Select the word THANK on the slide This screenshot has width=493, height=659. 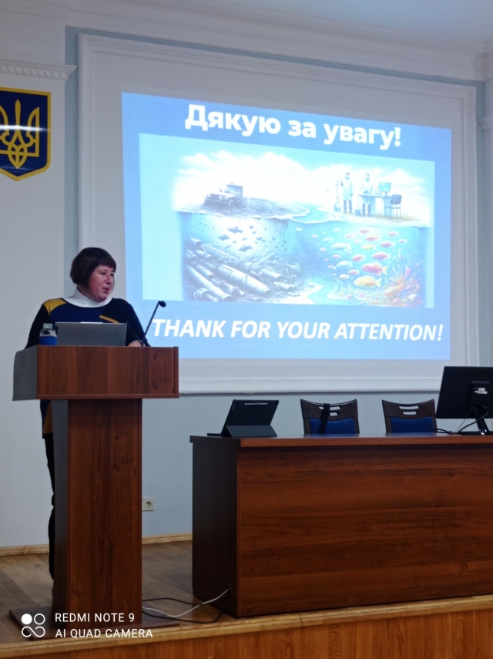click(189, 329)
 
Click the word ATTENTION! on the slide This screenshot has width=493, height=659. click(388, 332)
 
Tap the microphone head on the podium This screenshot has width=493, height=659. click(161, 304)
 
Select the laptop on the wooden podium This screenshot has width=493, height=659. click(91, 334)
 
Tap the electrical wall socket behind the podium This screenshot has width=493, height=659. click(147, 504)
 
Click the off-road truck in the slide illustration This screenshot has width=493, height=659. click(224, 194)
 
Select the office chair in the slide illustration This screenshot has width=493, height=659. click(394, 206)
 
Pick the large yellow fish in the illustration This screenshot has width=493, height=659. click(367, 281)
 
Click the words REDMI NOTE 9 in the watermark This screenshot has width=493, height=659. click(95, 617)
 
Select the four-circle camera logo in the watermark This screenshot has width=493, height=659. click(33, 624)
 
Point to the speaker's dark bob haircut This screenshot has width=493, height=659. click(92, 263)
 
